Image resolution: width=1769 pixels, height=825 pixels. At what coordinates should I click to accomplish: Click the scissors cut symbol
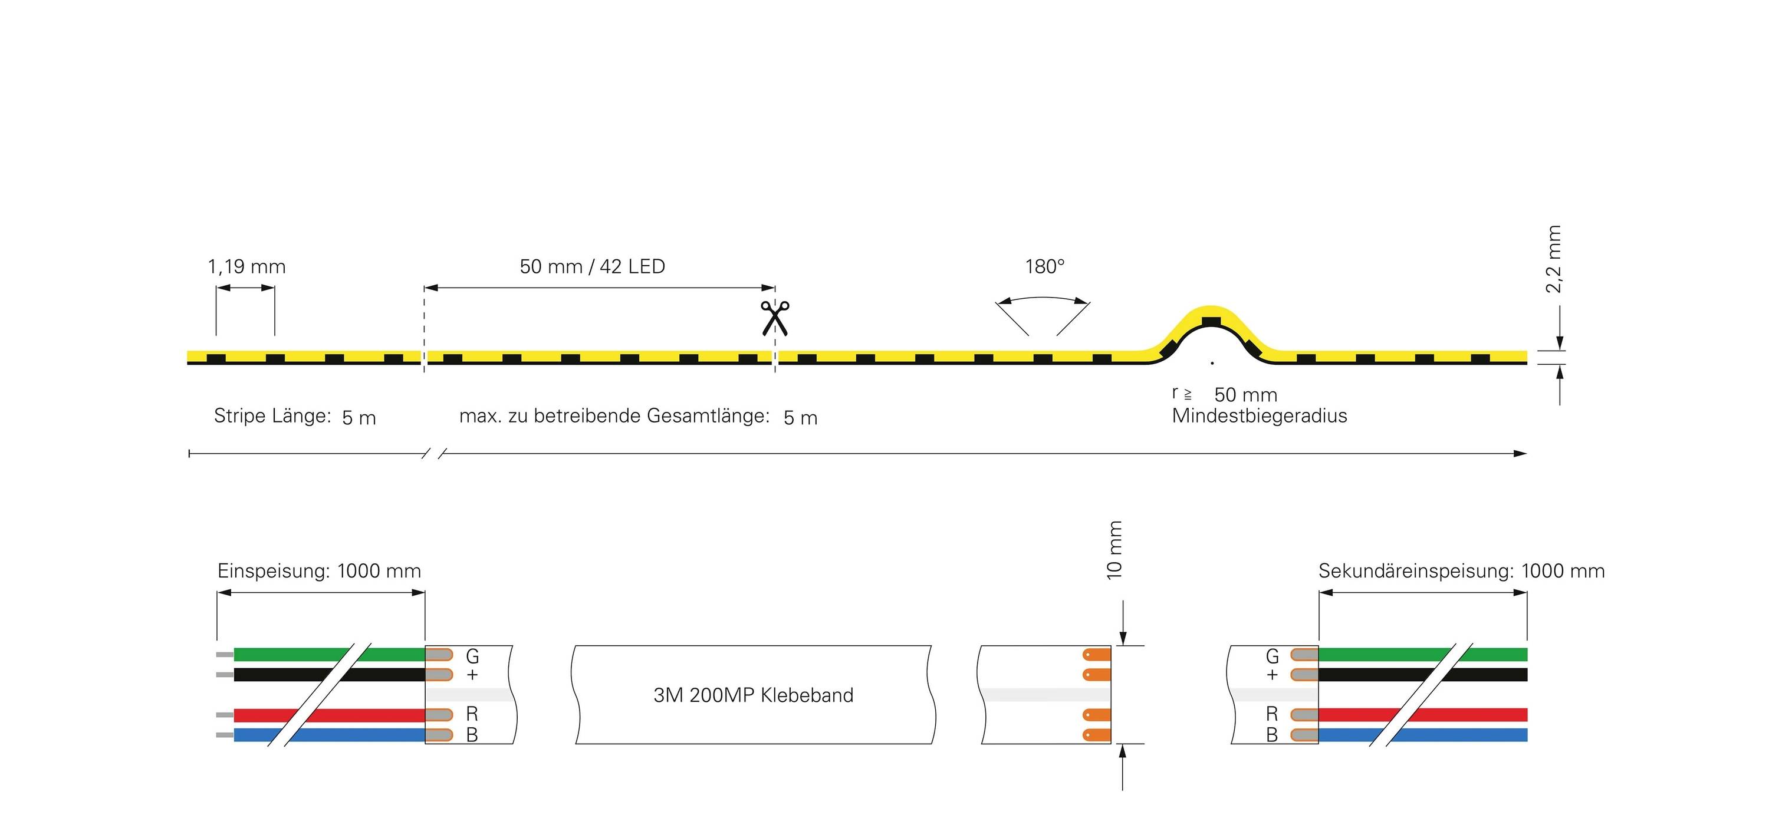775,318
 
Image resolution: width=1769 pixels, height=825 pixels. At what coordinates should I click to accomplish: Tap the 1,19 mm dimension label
246,266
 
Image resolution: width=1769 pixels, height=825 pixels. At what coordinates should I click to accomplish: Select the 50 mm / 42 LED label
592,266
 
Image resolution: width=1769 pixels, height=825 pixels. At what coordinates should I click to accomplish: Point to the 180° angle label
1044,266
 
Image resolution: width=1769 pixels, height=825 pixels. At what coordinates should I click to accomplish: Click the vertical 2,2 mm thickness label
1553,259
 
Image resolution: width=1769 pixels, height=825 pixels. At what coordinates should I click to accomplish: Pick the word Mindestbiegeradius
1260,416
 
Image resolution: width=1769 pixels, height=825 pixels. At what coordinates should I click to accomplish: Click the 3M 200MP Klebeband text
754,695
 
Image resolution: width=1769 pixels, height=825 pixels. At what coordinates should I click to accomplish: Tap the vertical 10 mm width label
1114,550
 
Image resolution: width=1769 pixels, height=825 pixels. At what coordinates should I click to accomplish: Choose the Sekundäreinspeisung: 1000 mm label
1461,571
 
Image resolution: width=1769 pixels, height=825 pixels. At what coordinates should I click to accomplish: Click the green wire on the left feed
288,655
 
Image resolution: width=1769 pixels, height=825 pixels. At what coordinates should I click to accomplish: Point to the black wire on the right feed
1373,675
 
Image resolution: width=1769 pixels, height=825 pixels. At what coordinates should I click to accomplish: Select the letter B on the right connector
1272,735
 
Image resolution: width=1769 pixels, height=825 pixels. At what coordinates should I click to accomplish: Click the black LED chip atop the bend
1211,322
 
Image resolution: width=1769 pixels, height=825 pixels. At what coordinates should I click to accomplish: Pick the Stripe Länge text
272,416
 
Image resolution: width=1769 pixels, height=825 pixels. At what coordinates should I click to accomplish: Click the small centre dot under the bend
1212,363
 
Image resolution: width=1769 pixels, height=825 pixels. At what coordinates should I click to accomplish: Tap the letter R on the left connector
472,714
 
